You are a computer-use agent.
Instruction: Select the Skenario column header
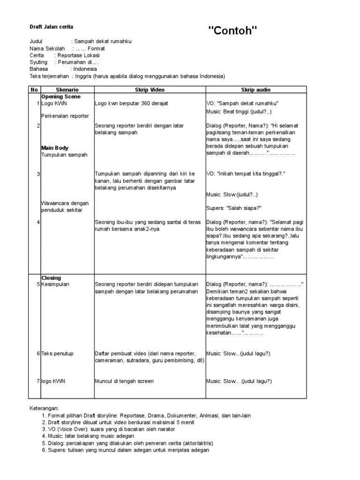(x=67, y=90)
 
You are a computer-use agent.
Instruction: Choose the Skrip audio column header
(x=255, y=90)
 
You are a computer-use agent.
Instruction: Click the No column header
(x=34, y=90)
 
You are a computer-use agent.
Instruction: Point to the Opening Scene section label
(x=60, y=97)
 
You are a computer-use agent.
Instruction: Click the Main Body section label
(x=55, y=148)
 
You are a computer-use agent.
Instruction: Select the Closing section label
(x=51, y=278)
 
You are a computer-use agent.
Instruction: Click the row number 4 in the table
(x=38, y=222)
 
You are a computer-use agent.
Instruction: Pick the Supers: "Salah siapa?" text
(x=233, y=208)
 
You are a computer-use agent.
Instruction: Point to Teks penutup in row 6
(x=57, y=353)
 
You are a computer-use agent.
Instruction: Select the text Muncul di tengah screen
(x=124, y=381)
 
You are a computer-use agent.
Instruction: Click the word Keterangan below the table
(x=45, y=409)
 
